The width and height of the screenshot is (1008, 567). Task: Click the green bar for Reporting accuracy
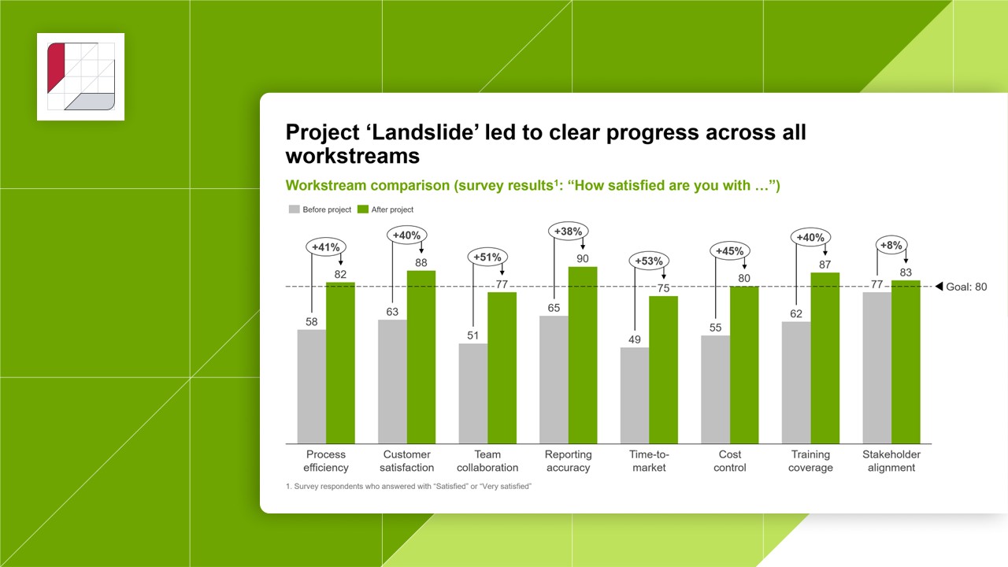click(x=583, y=354)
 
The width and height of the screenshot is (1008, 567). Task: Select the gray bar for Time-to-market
click(x=635, y=395)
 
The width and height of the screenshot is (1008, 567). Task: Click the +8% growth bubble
click(x=891, y=245)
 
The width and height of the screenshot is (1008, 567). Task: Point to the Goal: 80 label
click(x=966, y=287)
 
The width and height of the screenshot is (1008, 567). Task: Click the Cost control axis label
click(x=730, y=461)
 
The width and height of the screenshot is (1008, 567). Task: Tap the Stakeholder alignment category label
click(x=891, y=461)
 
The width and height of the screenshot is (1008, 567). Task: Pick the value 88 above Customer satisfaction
click(x=421, y=263)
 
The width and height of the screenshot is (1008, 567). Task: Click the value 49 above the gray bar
click(x=634, y=339)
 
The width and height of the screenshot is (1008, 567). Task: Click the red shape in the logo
click(x=56, y=67)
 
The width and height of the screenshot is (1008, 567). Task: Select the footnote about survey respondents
click(x=409, y=487)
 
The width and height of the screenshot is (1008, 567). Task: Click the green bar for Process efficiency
click(x=340, y=362)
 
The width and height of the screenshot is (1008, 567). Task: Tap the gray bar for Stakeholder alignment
click(x=876, y=368)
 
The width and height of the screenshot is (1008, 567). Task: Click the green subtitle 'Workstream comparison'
click(x=363, y=186)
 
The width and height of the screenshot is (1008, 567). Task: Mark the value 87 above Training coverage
click(x=825, y=265)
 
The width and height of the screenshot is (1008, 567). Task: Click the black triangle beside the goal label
click(x=939, y=287)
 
